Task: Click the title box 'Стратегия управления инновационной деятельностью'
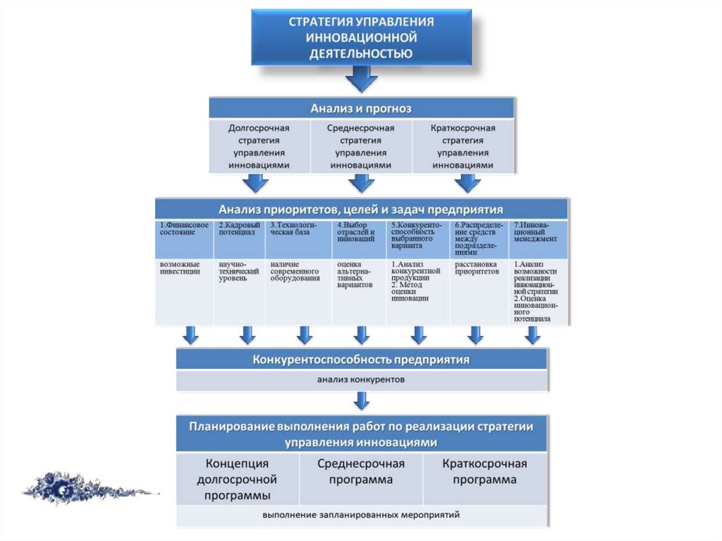(361, 37)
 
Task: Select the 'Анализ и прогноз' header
(361, 109)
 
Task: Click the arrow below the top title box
(361, 79)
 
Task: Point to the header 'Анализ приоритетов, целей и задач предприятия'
(361, 209)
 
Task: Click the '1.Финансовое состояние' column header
(185, 238)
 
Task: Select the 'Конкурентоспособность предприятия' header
(361, 360)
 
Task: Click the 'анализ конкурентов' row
(361, 380)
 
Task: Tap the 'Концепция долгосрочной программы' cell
(238, 479)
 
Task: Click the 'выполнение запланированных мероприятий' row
(361, 514)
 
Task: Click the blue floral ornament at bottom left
(78, 487)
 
